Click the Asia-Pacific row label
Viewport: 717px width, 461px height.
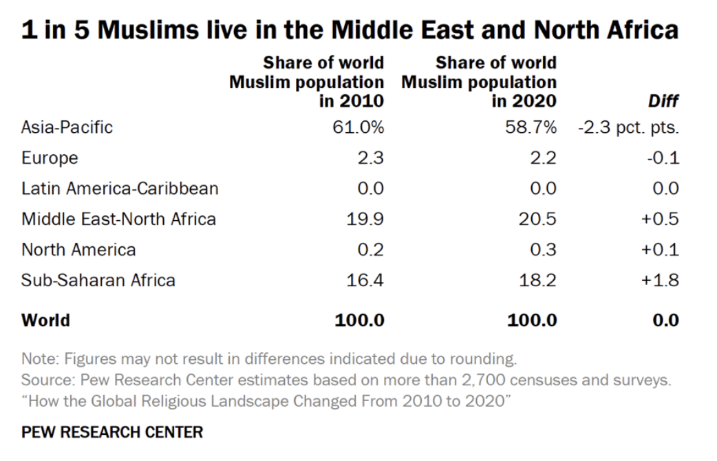[67, 127]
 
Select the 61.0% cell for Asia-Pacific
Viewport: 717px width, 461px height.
[358, 127]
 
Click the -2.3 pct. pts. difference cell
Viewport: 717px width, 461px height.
[629, 127]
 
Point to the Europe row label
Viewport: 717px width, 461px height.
[50, 158]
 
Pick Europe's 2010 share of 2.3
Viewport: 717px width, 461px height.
[370, 158]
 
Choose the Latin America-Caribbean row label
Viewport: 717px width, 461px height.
[120, 189]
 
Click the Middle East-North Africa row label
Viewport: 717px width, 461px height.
[118, 219]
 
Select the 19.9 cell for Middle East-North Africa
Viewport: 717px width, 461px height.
[365, 219]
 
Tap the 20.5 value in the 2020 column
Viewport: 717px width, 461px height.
[537, 219]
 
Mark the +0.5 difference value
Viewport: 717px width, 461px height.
[660, 219]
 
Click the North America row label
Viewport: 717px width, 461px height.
[78, 249]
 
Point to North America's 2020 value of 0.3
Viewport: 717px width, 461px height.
[543, 249]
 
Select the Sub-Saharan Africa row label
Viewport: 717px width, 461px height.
[98, 280]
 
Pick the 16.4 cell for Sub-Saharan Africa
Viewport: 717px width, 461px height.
[365, 280]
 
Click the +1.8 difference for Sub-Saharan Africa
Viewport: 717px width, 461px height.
[660, 280]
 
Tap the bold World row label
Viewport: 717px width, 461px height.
[45, 320]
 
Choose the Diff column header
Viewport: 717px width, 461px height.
[663, 101]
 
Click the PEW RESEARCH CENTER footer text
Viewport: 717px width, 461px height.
[112, 432]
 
